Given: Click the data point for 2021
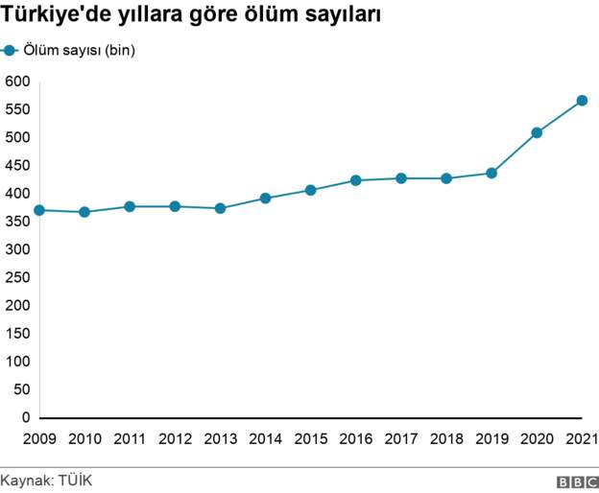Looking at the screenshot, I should pos(582,101).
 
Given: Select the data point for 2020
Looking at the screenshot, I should pos(537,133).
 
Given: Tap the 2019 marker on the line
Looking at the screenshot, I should pos(491,174).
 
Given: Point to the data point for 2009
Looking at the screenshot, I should pos(39,210).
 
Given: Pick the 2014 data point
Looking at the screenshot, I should pos(265,199).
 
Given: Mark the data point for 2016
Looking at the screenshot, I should pos(355,180).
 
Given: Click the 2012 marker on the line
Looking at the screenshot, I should pos(175,206).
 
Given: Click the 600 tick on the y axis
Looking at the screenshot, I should pos(17,81).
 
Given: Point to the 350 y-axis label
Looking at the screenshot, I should pos(17,222).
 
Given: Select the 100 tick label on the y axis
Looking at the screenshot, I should pos(17,362).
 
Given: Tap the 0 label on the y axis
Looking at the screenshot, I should pos(27,418).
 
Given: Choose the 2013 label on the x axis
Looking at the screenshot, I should pos(220,439).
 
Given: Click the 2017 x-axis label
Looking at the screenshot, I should pos(400,439).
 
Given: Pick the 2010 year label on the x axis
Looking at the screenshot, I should pos(84,439).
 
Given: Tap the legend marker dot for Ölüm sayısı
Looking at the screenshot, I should pos(11,51).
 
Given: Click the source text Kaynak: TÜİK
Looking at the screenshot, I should pos(46,480).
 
